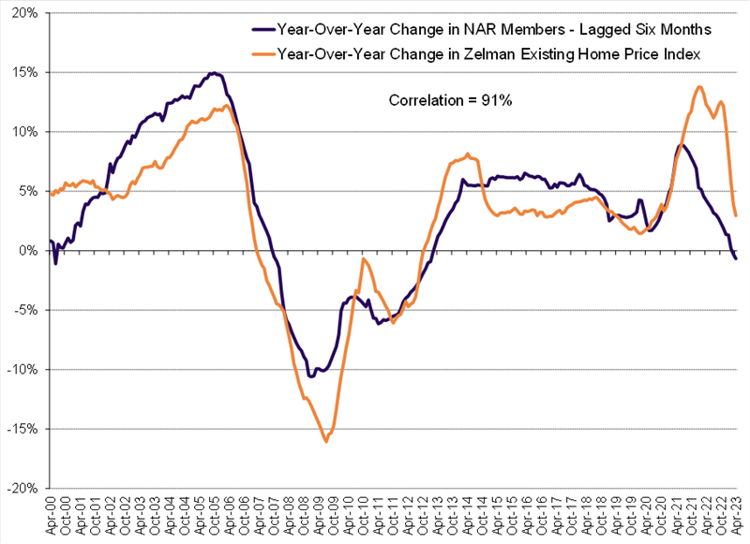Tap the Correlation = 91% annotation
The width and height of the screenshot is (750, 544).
(450, 99)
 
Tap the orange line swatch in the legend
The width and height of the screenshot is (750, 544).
(265, 54)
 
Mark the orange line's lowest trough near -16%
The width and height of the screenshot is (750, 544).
(325, 441)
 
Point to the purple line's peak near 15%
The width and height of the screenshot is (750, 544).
(213, 73)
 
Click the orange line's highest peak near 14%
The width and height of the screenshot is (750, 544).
(699, 87)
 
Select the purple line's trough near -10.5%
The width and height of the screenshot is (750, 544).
(310, 376)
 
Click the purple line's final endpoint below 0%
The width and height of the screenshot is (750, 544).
(736, 258)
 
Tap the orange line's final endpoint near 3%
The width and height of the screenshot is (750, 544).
(736, 215)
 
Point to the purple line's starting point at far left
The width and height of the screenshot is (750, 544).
(49, 242)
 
